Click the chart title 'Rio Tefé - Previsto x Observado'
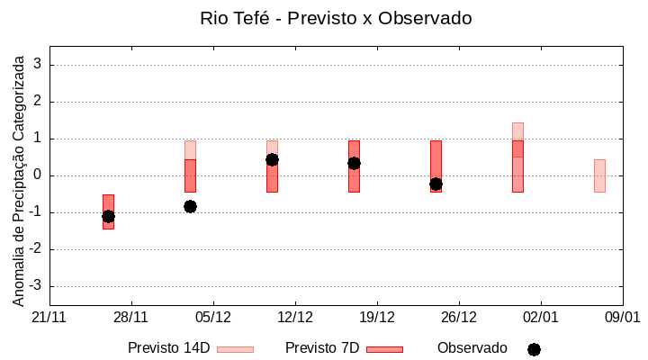(336, 18)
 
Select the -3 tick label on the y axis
(36, 286)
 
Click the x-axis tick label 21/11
(49, 318)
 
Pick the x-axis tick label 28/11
(130, 318)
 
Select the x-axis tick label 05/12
(212, 318)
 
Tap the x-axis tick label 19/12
(377, 318)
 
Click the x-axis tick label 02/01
(541, 318)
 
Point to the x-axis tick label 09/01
(622, 318)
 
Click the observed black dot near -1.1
(108, 216)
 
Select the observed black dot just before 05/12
(190, 206)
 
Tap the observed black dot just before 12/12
(272, 159)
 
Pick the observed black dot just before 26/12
(436, 184)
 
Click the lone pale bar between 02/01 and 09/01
(599, 175)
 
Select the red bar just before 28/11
(108, 211)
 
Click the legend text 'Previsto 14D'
(168, 348)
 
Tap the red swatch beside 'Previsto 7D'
(384, 349)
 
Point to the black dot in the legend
(534, 349)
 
